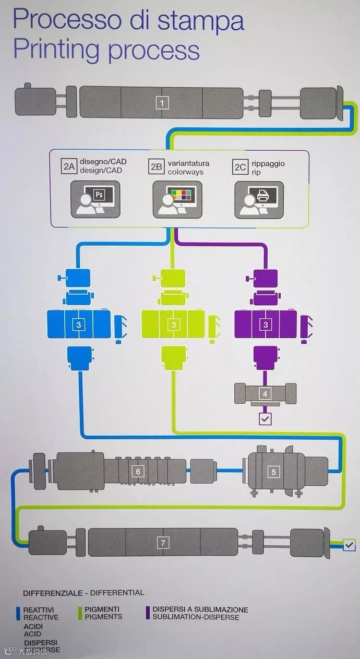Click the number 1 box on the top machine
[162, 103]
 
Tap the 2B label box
[156, 167]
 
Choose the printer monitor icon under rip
[259, 199]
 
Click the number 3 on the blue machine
[78, 325]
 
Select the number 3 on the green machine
[173, 325]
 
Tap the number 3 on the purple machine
[266, 325]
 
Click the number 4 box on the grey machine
[265, 394]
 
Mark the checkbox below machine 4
[265, 418]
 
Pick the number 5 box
[273, 472]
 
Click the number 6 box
[138, 472]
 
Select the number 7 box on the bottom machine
[163, 543]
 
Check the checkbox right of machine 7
[350, 545]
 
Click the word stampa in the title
[201, 22]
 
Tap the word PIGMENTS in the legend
[103, 617]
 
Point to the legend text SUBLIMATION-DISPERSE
[196, 617]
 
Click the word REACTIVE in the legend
[41, 617]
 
